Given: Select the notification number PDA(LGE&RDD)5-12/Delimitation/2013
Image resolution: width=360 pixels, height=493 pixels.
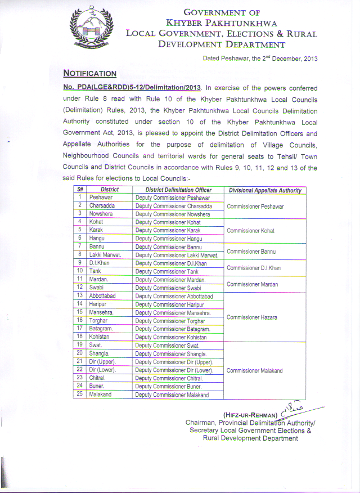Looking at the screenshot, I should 132,88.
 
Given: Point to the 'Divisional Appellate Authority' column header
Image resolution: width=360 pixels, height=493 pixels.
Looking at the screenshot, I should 264,190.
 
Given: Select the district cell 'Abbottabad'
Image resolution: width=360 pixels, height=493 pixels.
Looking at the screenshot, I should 102,295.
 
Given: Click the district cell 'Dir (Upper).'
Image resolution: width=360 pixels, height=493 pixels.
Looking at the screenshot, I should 103,362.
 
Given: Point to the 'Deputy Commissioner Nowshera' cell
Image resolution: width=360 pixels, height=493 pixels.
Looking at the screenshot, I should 173,214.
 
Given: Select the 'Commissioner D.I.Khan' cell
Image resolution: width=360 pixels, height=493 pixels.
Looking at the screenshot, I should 254,268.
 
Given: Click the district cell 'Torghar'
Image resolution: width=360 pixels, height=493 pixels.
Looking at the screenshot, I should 99,320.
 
